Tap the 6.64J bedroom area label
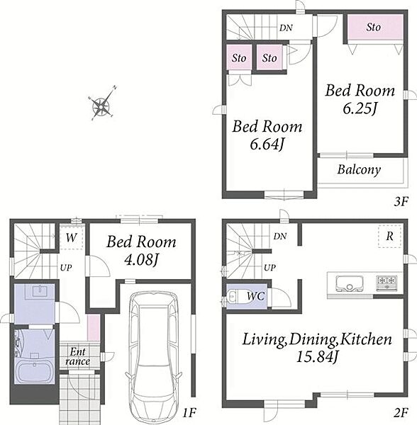pyautogui.click(x=267, y=144)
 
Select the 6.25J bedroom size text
pyautogui.click(x=360, y=108)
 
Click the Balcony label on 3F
pyautogui.click(x=359, y=170)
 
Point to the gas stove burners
pyautogui.click(x=387, y=283)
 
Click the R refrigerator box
pyautogui.click(x=390, y=236)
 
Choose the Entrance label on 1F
pyautogui.click(x=77, y=356)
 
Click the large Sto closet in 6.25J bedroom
pyautogui.click(x=375, y=28)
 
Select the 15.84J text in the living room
pyautogui.click(x=316, y=357)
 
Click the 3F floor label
pyautogui.click(x=401, y=202)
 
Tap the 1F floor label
pyautogui.click(x=189, y=413)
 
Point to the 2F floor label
pyautogui.click(x=401, y=413)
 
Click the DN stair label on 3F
pyautogui.click(x=286, y=28)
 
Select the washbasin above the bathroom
pyautogui.click(x=40, y=292)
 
